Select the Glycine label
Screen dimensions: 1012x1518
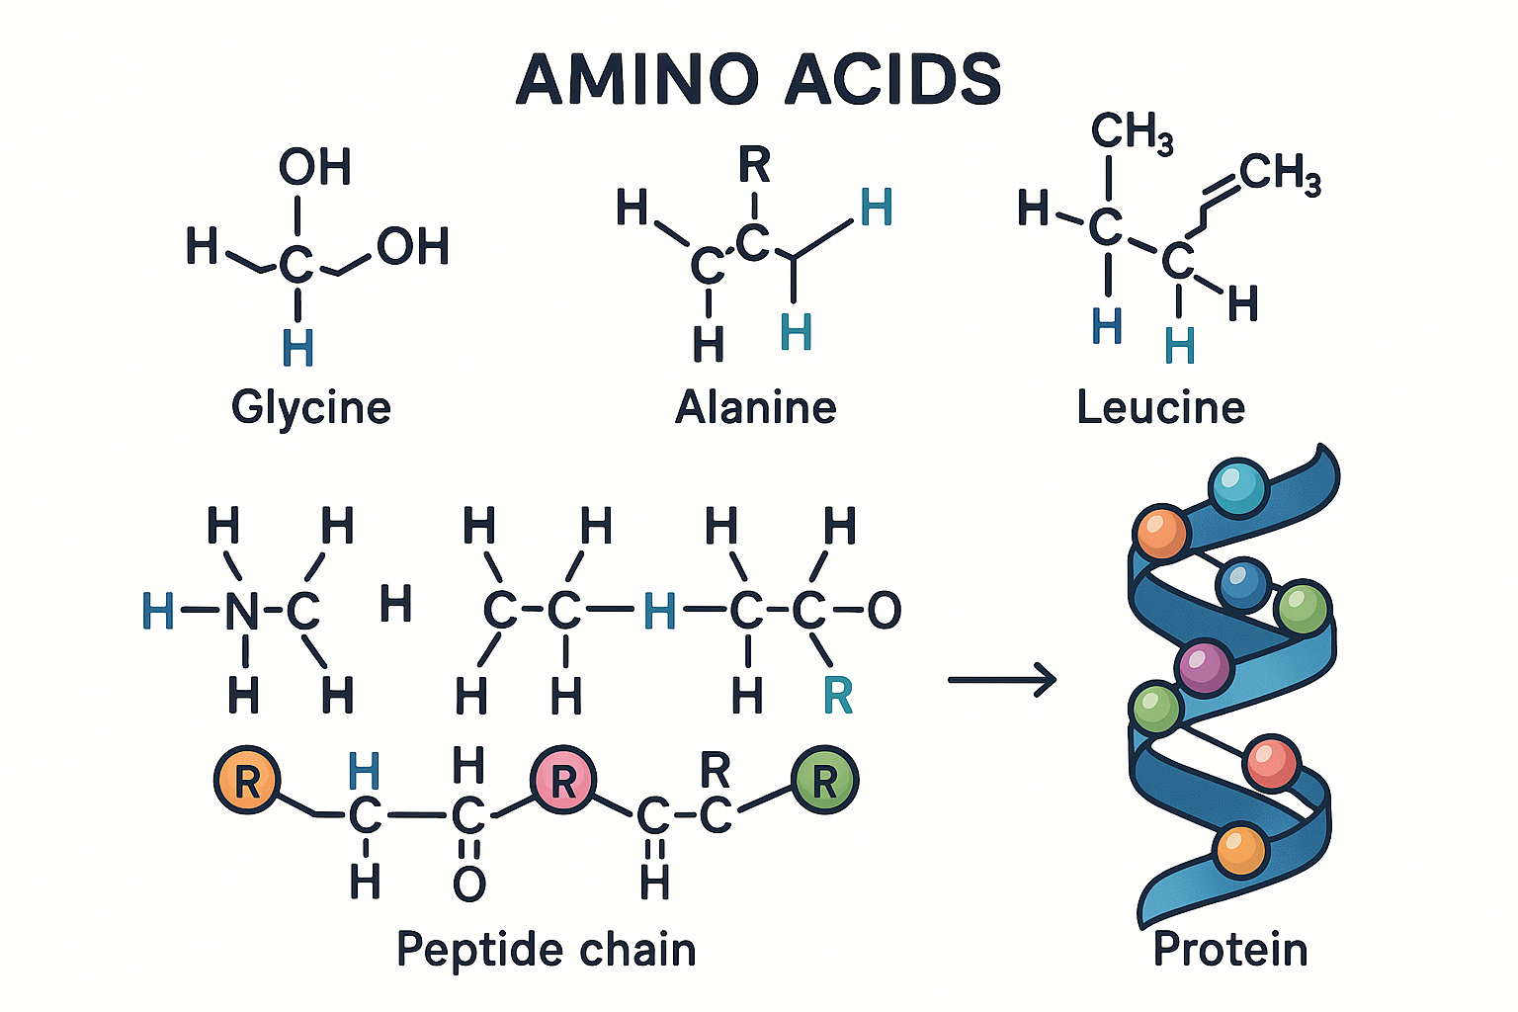(311, 407)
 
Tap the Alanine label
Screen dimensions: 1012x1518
(756, 407)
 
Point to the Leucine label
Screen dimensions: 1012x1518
(1161, 407)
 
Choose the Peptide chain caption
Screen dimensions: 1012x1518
(547, 950)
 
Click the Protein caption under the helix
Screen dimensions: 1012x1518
(1230, 950)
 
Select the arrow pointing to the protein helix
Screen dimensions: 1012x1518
(1002, 680)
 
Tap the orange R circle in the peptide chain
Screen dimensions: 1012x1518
(247, 781)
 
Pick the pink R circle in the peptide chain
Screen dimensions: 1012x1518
(563, 781)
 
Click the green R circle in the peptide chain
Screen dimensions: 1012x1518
(825, 781)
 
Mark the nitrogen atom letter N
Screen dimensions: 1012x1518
(242, 611)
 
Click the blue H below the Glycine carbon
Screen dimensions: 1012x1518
(297, 348)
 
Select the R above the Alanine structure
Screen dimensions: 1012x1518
(754, 166)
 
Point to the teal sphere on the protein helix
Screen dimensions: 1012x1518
(1238, 487)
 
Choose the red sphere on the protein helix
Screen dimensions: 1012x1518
(1272, 763)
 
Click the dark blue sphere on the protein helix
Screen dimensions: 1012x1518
(1243, 584)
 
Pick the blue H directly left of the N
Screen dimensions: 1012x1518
(158, 611)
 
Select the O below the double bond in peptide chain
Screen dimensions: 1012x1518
(469, 884)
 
